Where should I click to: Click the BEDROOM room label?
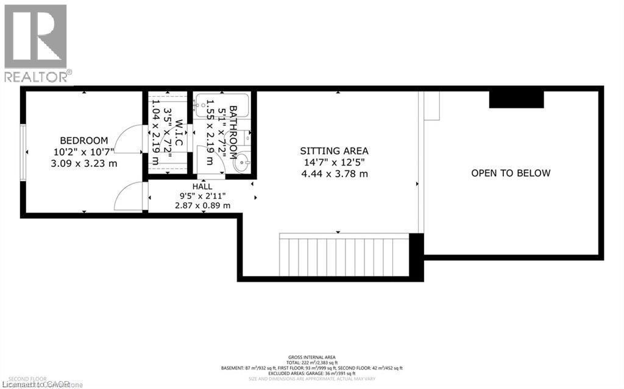[83, 140]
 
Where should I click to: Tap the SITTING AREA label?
[334, 151]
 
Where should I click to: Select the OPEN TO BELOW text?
[511, 173]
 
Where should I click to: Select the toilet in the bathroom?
[247, 136]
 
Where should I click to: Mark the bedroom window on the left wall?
[23, 152]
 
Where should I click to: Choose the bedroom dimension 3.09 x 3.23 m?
[83, 163]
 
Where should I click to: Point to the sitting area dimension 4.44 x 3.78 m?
[334, 174]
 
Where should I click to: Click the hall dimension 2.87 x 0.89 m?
[194, 206]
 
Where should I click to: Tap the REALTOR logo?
[36, 43]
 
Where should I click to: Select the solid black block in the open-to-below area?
[516, 99]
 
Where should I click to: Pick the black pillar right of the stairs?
[416, 256]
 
